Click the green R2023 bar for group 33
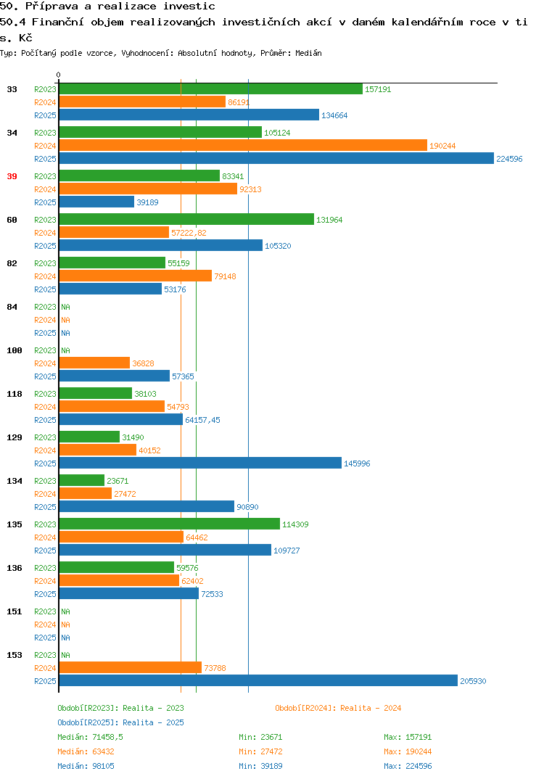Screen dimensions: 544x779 coord(210,89)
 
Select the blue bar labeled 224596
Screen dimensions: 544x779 coord(276,158)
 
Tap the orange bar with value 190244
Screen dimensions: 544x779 coord(243,146)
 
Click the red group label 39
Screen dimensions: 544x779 coord(12,176)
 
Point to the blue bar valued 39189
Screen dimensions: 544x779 coord(96,202)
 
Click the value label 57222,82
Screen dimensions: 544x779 coord(189,233)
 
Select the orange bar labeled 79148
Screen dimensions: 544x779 coord(135,276)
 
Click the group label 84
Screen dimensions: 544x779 coord(12,307)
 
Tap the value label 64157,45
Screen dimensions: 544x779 coord(202,420)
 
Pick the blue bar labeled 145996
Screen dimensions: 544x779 coord(200,463)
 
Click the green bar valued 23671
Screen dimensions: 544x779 coord(81,480)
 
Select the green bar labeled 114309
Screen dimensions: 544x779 coord(170,524)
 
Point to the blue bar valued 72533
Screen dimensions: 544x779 coord(128,594)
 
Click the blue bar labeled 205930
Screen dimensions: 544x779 coord(258,680)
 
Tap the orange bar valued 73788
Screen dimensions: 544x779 coord(130,668)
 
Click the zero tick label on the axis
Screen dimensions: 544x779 coord(59,75)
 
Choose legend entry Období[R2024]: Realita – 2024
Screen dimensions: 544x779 coord(338,708)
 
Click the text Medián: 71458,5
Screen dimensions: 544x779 coord(91,737)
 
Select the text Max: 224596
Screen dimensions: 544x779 coord(408,766)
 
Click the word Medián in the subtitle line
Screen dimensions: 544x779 coord(308,53)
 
